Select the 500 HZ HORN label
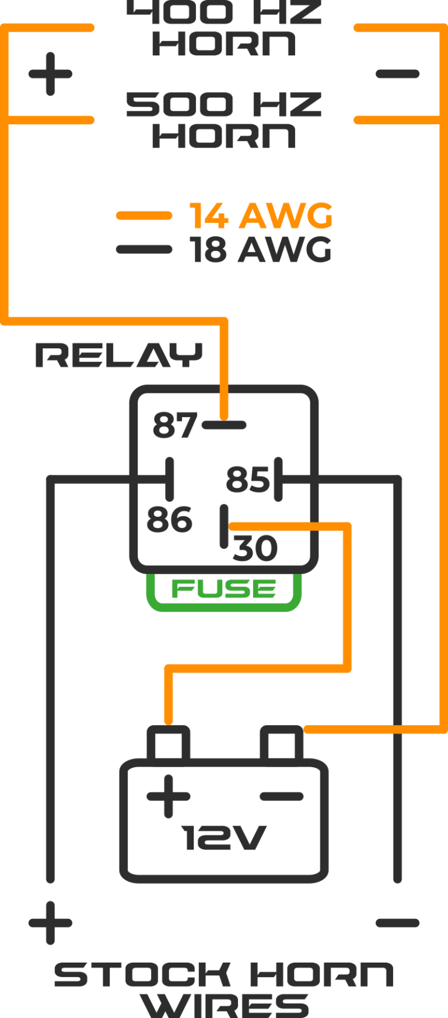(224, 120)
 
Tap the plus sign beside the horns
(50, 74)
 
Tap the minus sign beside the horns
(398, 74)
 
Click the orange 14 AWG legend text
(261, 216)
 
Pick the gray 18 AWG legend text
(261, 250)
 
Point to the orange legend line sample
(143, 216)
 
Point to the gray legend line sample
(143, 250)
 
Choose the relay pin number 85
(247, 480)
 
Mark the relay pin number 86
(169, 519)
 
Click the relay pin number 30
(256, 548)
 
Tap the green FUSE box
(224, 590)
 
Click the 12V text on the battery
(224, 838)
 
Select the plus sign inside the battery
(168, 796)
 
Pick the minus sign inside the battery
(281, 796)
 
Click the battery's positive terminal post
(169, 742)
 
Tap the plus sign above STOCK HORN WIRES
(50, 923)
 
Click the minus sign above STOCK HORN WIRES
(398, 923)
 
